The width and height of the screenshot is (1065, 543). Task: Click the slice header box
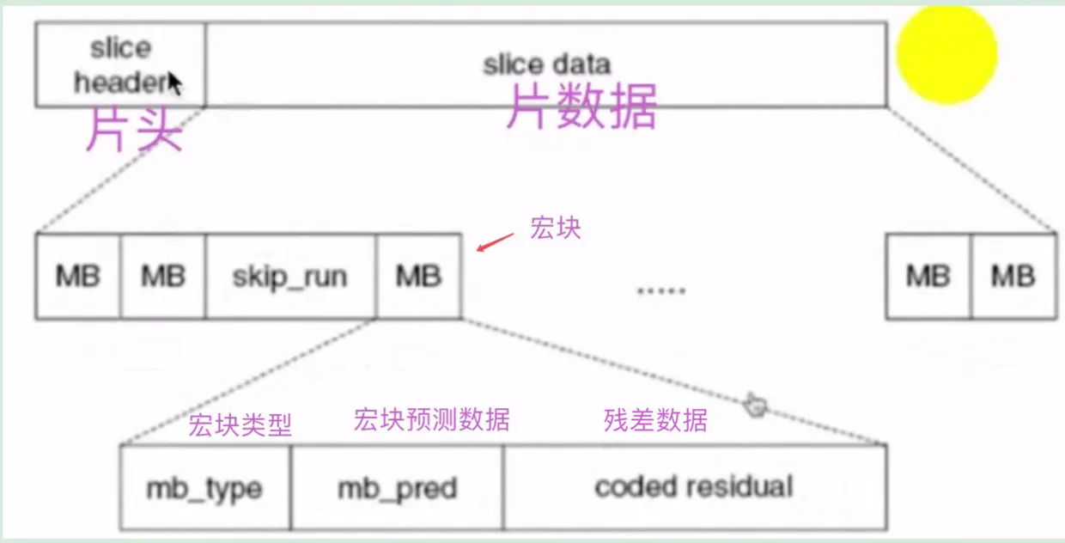tap(120, 64)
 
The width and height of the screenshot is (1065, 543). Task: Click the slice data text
tap(546, 64)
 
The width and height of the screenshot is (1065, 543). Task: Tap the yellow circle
tap(946, 53)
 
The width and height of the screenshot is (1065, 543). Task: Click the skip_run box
tap(290, 277)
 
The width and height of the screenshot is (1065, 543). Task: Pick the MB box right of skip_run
tap(418, 277)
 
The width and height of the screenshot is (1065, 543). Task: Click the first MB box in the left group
tap(78, 277)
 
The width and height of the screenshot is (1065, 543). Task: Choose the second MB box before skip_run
tap(163, 277)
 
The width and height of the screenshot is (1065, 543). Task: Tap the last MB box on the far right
tap(1013, 277)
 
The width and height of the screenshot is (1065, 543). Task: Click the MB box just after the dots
tap(928, 277)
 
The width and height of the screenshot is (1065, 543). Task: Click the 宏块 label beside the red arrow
tap(556, 228)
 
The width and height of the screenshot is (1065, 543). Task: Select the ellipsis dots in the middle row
tap(660, 290)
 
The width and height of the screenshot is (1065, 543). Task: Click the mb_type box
tap(204, 487)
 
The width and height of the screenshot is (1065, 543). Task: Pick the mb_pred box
tap(397, 487)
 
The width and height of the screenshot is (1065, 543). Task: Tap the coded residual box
tap(694, 487)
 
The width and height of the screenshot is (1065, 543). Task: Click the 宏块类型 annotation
tap(240, 424)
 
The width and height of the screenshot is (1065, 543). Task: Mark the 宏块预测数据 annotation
tap(431, 419)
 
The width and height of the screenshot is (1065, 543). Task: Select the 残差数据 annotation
tap(656, 420)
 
